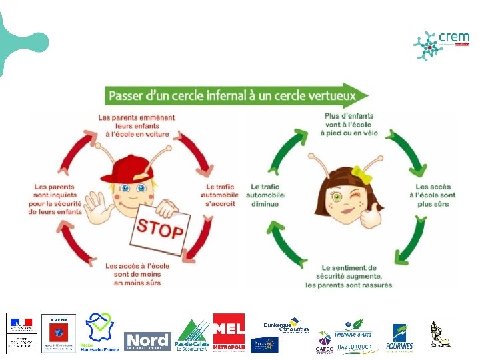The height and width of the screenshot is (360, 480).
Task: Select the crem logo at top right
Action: (x=441, y=45)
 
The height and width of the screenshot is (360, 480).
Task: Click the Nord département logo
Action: (x=147, y=341)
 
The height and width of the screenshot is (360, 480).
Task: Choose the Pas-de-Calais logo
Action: (x=192, y=335)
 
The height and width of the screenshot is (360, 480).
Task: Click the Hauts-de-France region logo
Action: (x=99, y=332)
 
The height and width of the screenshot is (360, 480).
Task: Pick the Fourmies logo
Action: (x=399, y=337)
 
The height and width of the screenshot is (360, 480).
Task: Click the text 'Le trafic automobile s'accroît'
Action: (x=219, y=195)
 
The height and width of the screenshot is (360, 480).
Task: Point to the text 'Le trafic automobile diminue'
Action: (x=265, y=195)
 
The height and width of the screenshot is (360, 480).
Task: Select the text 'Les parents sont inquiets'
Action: (x=56, y=199)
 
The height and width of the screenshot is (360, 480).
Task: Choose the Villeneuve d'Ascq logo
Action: (x=353, y=326)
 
